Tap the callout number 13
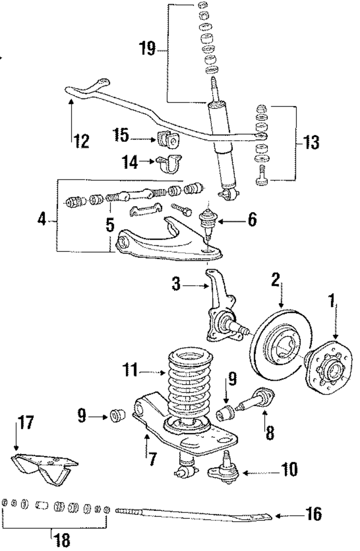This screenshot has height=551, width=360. (311, 142)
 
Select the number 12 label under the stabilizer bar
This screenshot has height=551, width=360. (82, 141)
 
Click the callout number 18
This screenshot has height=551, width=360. (62, 540)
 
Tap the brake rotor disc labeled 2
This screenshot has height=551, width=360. (280, 345)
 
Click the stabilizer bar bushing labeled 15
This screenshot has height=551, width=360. (168, 140)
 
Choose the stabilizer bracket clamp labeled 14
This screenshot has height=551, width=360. (169, 163)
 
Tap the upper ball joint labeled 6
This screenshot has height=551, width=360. (208, 225)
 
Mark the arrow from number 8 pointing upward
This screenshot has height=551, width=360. (265, 421)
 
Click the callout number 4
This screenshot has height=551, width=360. (42, 219)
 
